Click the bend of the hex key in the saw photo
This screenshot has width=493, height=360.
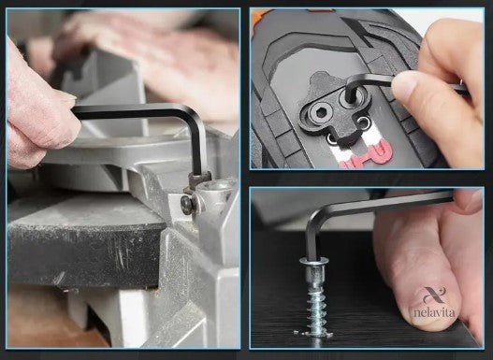(194, 115)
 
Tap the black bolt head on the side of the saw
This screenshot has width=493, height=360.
(186, 206)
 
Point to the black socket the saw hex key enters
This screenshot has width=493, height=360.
(199, 180)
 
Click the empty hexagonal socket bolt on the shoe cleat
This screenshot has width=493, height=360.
(320, 112)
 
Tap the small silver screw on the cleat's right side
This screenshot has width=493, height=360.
(364, 122)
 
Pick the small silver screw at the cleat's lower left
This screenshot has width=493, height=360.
(332, 138)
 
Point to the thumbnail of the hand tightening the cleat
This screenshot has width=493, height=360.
(404, 83)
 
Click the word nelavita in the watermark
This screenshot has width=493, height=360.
(434, 312)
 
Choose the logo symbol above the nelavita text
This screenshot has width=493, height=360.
(434, 295)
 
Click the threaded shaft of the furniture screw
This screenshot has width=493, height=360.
(316, 311)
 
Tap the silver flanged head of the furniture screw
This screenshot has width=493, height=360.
(314, 261)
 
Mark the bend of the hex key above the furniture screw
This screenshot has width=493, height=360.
(316, 217)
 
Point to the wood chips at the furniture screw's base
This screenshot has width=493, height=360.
(313, 334)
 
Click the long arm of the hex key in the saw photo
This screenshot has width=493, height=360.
(129, 111)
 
